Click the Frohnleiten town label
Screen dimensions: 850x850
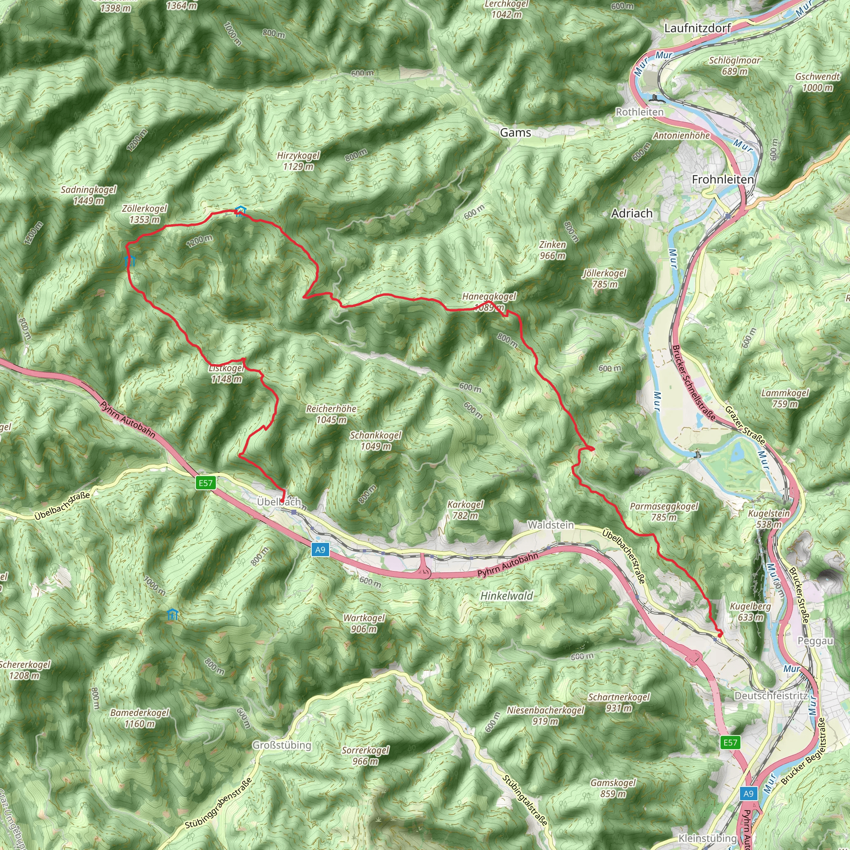tap(723, 179)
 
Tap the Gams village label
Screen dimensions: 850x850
tap(515, 132)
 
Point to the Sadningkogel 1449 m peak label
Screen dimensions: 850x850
tap(88, 195)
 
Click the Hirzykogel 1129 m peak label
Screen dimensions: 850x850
tap(298, 161)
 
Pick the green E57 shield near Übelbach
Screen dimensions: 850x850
tap(205, 483)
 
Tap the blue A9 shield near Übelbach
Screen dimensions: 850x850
tap(320, 550)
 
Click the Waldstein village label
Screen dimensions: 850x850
tap(550, 525)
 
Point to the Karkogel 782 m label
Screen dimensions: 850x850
tap(465, 510)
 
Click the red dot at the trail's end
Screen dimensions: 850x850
tap(720, 635)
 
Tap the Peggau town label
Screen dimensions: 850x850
tap(815, 641)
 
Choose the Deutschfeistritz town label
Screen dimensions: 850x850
tap(771, 696)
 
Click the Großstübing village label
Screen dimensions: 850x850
tap(281, 745)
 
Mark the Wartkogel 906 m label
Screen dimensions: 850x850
tap(364, 623)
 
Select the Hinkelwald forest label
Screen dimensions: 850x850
tap(506, 596)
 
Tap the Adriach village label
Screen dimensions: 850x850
tap(632, 213)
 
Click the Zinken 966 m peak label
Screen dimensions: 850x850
tap(552, 250)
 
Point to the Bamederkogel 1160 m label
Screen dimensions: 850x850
tap(139, 718)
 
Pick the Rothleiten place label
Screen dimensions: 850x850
tap(639, 112)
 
